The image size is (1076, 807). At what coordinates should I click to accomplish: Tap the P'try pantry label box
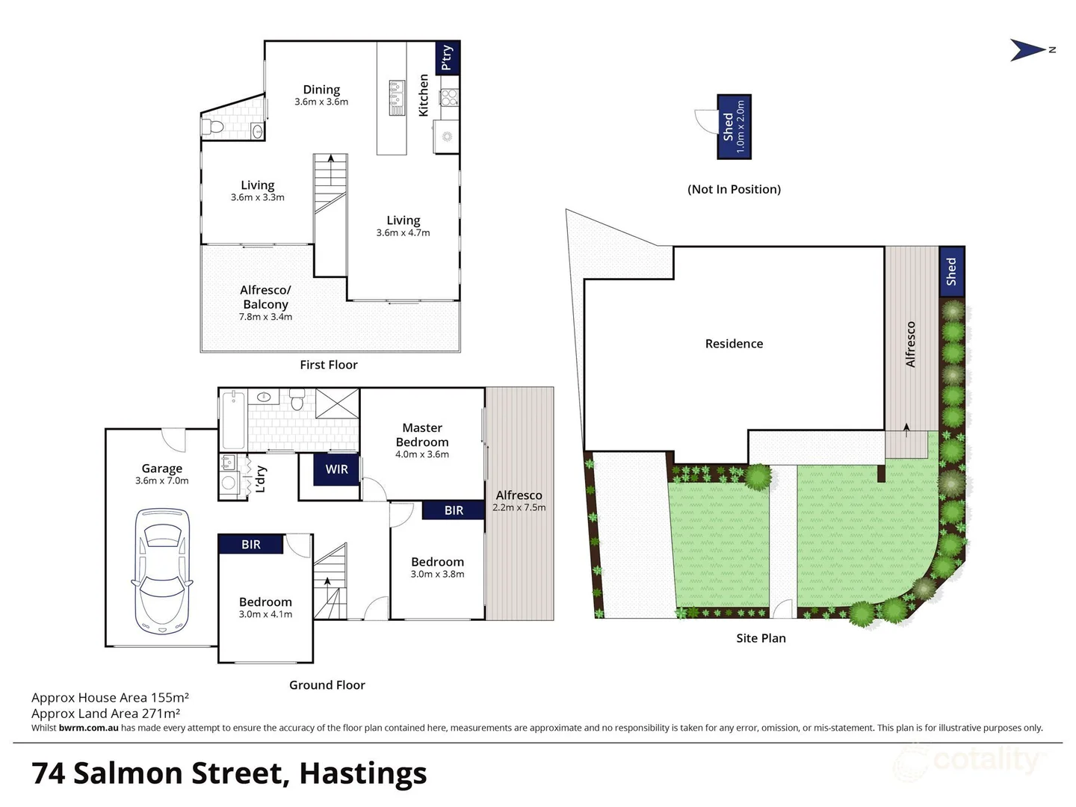pos(447,58)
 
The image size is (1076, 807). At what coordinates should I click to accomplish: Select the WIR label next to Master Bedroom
pos(336,469)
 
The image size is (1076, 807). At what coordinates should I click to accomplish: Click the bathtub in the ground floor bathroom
pos(234,421)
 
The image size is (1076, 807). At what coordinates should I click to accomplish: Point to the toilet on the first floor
pos(212,127)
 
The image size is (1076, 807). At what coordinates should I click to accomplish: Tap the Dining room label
pos(321,90)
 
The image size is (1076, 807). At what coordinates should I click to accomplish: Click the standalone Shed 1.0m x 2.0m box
pos(734,126)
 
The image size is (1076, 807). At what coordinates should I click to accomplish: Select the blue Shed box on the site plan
pos(951,271)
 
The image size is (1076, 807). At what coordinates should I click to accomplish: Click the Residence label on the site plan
pos(734,344)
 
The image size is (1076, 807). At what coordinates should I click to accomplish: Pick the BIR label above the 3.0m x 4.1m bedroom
pos(251,545)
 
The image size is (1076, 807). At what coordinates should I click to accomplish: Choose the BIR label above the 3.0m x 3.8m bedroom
pos(454,510)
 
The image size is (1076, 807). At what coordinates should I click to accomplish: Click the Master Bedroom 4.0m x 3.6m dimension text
pos(422,454)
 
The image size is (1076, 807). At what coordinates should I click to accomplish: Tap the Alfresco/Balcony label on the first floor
pos(265,297)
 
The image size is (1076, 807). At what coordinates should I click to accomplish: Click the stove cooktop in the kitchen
pos(448,97)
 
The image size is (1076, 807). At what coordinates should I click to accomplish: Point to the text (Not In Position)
pos(734,190)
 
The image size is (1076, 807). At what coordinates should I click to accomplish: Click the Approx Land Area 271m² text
pos(105,714)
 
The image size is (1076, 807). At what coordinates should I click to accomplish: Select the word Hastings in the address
pos(363,773)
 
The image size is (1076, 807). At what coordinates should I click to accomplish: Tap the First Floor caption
pos(329,365)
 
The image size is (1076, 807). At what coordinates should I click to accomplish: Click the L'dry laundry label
pos(260,479)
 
